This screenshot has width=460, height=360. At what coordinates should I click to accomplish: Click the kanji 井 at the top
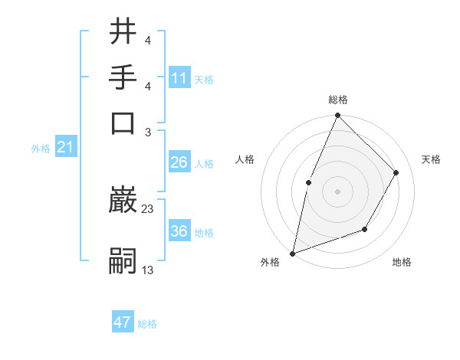(123, 33)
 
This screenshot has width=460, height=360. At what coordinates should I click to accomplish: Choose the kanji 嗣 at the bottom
(123, 261)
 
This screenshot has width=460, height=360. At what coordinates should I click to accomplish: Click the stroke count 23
(148, 208)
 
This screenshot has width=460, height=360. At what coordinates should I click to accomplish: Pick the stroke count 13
(148, 270)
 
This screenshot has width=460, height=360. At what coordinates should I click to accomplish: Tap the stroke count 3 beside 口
(148, 133)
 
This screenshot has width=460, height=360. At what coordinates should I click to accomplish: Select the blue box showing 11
(179, 78)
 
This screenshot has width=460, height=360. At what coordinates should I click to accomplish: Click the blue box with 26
(179, 162)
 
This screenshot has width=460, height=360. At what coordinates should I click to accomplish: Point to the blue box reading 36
(179, 231)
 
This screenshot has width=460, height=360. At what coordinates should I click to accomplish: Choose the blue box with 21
(65, 148)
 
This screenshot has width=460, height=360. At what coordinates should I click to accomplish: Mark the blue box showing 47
(123, 322)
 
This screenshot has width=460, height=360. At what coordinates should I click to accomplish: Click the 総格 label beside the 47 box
(147, 324)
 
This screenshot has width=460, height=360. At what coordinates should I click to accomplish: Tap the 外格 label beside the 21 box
(41, 149)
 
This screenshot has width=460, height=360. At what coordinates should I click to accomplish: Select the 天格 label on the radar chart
(431, 159)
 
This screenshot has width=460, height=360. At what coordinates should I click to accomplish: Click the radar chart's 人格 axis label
(245, 159)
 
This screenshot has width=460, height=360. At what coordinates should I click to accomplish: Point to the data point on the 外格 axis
(292, 253)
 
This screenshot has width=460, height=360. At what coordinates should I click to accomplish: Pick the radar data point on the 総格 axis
(337, 116)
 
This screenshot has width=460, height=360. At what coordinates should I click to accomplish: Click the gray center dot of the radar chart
(337, 191)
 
